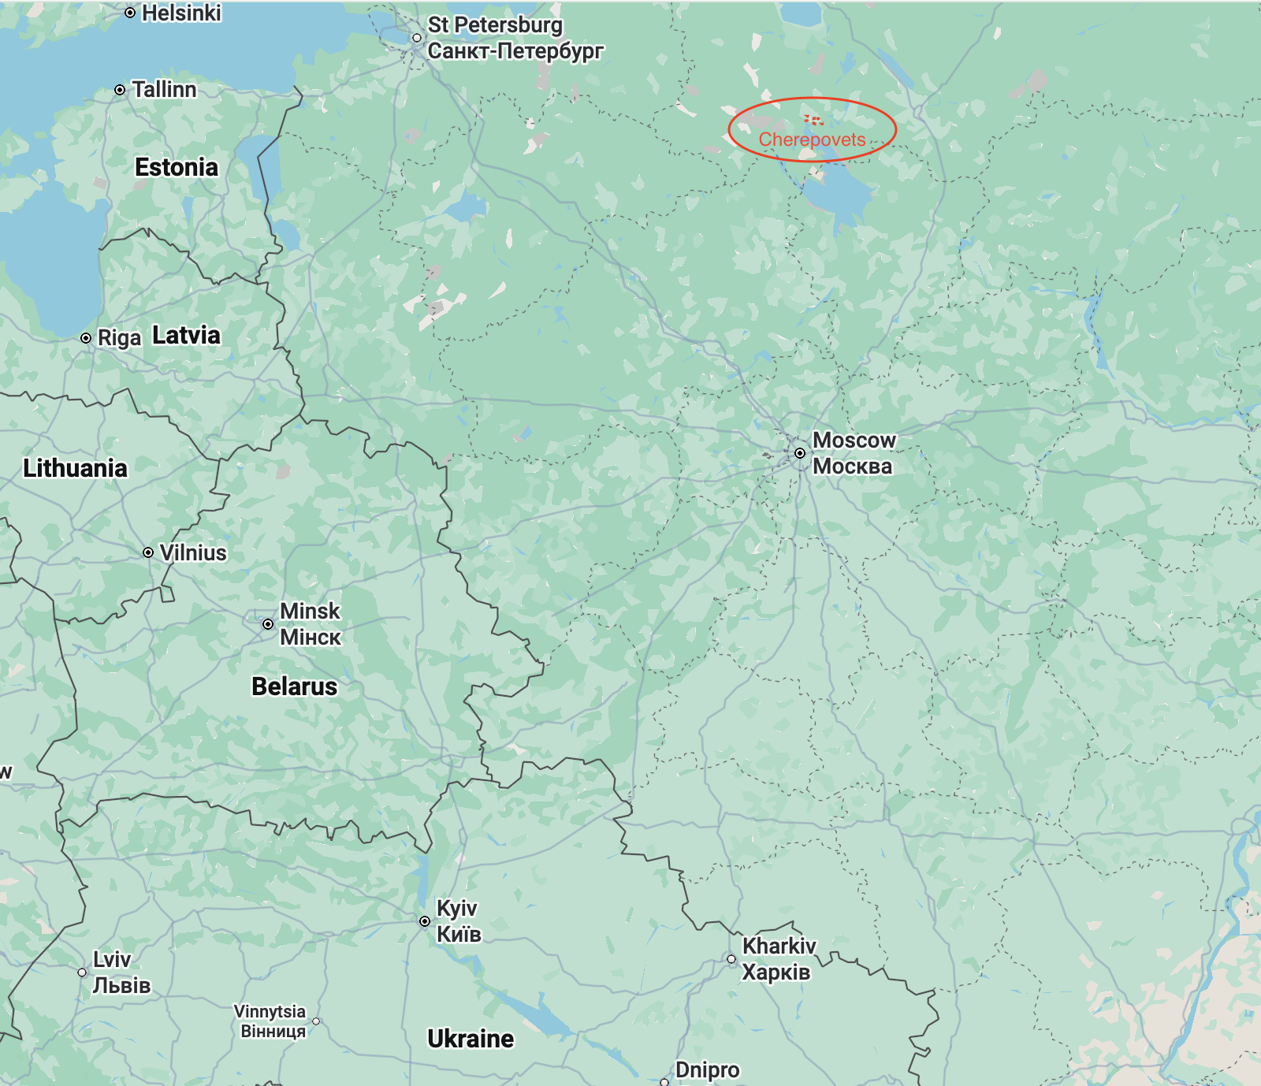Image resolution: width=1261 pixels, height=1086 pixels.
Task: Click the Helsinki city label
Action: click(x=181, y=13)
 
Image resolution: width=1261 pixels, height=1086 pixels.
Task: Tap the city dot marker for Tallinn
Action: click(x=120, y=90)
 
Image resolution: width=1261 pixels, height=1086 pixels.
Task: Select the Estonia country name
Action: click(x=177, y=167)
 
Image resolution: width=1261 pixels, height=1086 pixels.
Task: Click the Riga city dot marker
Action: click(x=86, y=338)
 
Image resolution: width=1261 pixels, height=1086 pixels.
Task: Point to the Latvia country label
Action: click(x=186, y=335)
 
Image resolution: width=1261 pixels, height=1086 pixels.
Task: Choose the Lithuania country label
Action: click(x=75, y=468)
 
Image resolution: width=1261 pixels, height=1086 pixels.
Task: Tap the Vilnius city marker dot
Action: click(x=148, y=552)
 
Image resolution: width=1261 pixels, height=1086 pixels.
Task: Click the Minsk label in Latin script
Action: click(x=310, y=611)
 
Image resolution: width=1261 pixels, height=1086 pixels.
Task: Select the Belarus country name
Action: click(x=294, y=686)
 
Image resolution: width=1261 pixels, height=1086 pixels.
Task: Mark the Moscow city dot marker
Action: click(x=800, y=453)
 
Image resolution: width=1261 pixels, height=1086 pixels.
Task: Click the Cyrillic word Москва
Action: click(x=853, y=467)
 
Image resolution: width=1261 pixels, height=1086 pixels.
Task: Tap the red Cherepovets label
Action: click(x=812, y=139)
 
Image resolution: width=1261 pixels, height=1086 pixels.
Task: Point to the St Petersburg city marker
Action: click(x=417, y=38)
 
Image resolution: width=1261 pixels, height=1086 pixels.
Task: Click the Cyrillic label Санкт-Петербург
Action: click(x=515, y=51)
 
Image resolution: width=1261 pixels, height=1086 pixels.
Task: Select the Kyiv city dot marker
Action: click(x=425, y=921)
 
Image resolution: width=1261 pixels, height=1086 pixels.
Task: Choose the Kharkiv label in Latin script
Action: click(x=779, y=946)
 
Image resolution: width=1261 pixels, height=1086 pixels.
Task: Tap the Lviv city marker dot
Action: click(x=82, y=973)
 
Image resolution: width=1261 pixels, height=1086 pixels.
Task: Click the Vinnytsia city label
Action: click(x=270, y=1011)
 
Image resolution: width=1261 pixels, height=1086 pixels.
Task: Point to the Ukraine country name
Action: click(x=471, y=1039)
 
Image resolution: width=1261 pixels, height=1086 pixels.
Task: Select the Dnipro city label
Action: click(x=707, y=1070)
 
